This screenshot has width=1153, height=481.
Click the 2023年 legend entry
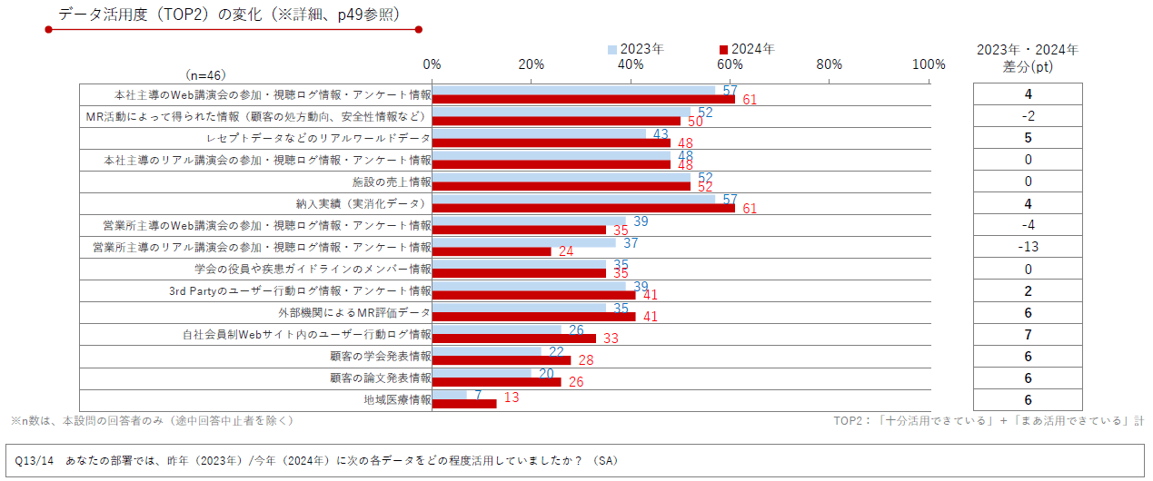point(637,49)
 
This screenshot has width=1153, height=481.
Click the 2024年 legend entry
point(747,49)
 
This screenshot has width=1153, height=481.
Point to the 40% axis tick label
point(630,64)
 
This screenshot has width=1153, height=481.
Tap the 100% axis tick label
point(928,64)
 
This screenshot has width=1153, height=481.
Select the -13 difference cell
point(1028,247)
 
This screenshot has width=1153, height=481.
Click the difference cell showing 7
point(1028,335)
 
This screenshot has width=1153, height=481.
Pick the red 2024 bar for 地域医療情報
point(463,404)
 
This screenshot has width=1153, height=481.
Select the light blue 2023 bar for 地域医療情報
point(449,395)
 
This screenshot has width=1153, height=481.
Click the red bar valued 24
point(491,251)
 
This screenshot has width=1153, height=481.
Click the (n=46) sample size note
point(205,75)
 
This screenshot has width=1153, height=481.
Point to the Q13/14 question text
point(314,461)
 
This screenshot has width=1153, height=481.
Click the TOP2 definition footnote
point(988,421)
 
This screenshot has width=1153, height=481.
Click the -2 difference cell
point(1028,116)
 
